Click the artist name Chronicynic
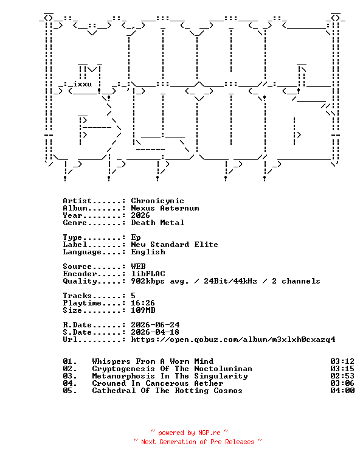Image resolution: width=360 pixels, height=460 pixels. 157,201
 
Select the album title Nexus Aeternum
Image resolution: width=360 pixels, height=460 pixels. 165,208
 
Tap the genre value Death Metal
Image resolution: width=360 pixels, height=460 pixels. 157,223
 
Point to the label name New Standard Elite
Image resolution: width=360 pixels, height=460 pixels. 175,245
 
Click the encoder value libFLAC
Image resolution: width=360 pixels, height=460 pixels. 148,274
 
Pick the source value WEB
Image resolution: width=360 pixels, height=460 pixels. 139,267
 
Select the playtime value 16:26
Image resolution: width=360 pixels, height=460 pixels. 143,303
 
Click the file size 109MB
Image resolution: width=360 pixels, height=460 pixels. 143,310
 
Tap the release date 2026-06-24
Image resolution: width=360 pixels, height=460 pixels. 156,325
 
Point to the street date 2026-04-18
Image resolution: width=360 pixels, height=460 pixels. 155,332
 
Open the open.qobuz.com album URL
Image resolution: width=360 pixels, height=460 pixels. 233,340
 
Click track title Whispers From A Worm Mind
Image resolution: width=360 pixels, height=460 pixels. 153,361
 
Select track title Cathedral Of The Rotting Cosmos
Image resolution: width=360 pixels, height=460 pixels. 167,391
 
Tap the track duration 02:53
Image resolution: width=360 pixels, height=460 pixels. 342,376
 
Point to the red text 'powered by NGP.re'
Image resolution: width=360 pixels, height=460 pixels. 189,433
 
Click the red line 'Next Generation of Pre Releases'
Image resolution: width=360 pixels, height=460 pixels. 198,442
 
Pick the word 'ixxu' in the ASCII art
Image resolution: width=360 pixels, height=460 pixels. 82,84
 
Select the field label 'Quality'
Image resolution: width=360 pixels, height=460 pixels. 80,281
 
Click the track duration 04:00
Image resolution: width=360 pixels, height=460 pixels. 342,391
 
